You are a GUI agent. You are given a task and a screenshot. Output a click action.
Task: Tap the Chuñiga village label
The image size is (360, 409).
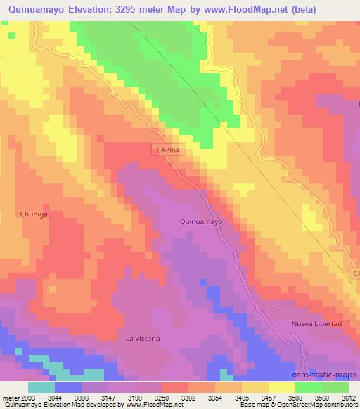tap(33, 215)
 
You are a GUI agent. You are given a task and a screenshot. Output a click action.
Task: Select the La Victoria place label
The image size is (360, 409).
tap(143, 338)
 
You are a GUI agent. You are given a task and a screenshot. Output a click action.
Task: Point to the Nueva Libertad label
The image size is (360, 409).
tap(316, 324)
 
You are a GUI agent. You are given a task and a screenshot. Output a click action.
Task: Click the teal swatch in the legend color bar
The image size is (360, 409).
tap(41, 387)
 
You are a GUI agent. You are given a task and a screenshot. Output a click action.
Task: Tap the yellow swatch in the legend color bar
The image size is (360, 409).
tap(281, 387)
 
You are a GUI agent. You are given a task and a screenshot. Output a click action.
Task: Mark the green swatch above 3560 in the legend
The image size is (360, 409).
tap(309, 387)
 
